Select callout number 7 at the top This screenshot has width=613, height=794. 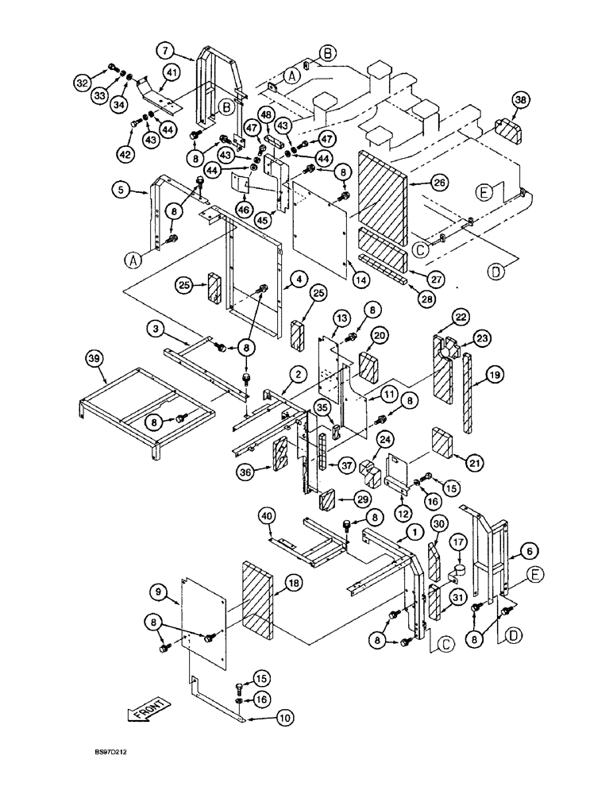click(164, 52)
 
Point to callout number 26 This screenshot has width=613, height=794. click(440, 182)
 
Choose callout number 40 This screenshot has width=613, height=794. click(268, 518)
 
